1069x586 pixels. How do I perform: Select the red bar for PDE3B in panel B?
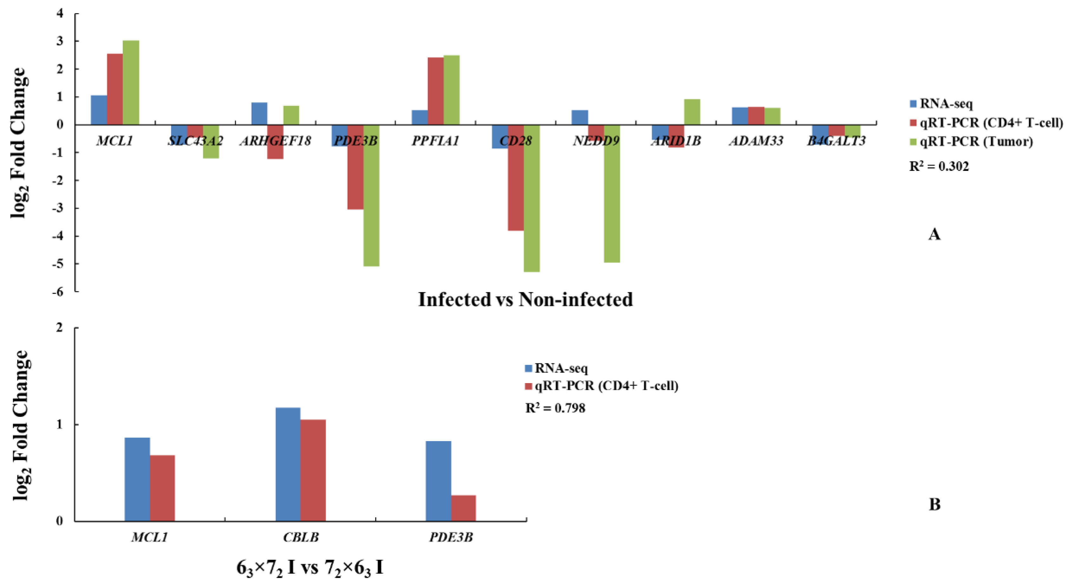pos(463,508)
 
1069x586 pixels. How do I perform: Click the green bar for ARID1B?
pos(692,112)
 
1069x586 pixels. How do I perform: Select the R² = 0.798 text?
pos(555,408)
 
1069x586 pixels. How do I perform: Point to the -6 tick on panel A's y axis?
pos(58,291)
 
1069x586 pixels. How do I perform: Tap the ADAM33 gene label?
pos(756,141)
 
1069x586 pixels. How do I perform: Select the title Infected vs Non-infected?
pos(525,299)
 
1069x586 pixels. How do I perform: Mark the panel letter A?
pos(934,234)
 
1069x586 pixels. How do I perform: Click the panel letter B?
pos(934,504)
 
